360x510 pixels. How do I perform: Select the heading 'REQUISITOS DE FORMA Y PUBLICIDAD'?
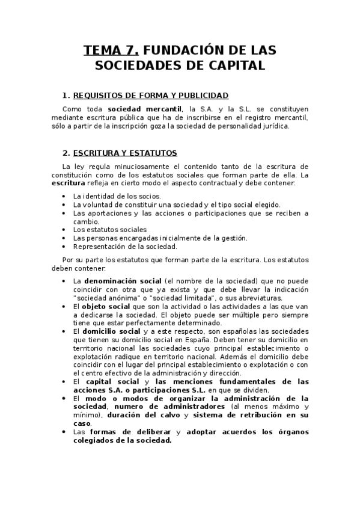[151, 96]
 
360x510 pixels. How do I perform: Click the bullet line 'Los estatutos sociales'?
[109, 230]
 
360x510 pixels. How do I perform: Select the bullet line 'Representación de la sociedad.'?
[125, 247]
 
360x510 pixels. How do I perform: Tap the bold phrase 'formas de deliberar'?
[130, 432]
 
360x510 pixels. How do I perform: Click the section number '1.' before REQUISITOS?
[66, 96]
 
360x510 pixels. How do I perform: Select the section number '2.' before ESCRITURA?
[66, 153]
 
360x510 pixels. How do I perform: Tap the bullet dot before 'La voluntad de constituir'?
[64, 204]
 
